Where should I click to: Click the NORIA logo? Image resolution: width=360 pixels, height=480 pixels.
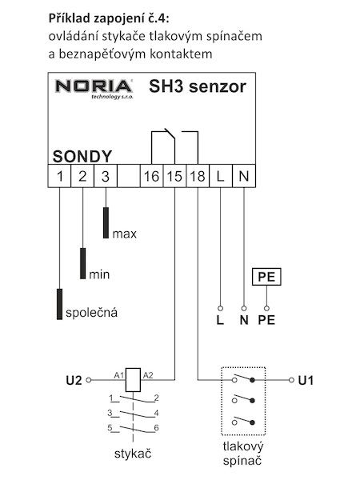(x=94, y=89)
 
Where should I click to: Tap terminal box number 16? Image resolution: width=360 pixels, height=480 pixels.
(x=151, y=176)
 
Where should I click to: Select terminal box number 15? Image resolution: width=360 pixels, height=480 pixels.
(x=174, y=176)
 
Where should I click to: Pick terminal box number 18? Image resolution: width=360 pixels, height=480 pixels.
(x=198, y=176)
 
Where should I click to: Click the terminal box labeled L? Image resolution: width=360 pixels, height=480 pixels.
(x=221, y=176)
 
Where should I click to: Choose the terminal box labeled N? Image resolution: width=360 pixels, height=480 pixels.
(x=244, y=176)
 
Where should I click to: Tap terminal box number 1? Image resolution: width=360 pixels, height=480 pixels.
(x=59, y=176)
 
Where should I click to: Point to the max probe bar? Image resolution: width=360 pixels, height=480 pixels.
(x=106, y=223)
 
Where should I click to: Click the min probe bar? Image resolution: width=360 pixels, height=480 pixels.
(x=82, y=263)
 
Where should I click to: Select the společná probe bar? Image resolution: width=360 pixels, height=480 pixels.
(x=59, y=304)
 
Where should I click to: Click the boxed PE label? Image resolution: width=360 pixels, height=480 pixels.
(x=266, y=277)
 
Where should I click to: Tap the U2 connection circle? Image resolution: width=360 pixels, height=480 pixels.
(x=89, y=380)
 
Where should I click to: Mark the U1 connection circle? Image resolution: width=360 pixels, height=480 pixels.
(x=291, y=380)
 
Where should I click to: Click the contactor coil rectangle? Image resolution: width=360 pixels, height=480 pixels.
(x=133, y=380)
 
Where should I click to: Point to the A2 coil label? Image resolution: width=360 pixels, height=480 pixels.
(x=148, y=375)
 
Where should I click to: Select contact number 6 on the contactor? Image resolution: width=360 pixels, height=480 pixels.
(x=157, y=428)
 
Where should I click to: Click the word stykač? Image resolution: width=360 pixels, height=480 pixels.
(x=133, y=454)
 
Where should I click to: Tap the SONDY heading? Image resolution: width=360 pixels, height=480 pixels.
(x=82, y=157)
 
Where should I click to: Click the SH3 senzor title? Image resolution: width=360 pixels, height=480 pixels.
(x=198, y=86)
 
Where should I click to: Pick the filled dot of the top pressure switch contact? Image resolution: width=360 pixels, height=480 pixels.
(x=252, y=380)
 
